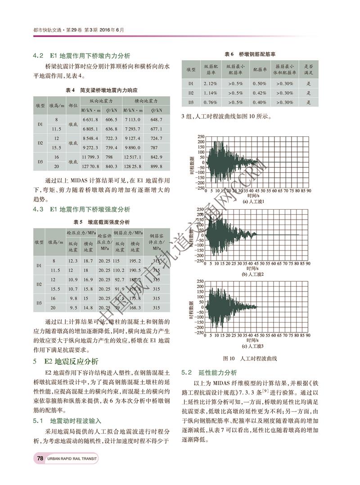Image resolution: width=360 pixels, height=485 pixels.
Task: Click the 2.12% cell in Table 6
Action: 211,83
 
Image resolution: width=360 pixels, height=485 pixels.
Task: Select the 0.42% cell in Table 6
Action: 259,93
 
